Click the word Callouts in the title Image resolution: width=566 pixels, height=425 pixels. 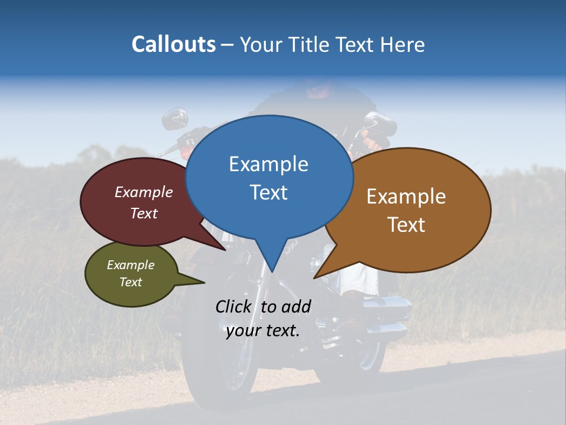click(x=173, y=44)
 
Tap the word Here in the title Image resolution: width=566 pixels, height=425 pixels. click(x=403, y=44)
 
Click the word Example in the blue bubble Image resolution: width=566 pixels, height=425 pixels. click(x=268, y=164)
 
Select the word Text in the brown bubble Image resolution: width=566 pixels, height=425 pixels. click(x=407, y=224)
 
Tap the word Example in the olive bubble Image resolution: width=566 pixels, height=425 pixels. click(x=130, y=265)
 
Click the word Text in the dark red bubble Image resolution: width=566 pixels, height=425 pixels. click(x=144, y=213)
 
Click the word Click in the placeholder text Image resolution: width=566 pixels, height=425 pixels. click(x=234, y=306)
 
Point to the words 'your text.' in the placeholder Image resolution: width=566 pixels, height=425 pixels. click(x=263, y=331)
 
